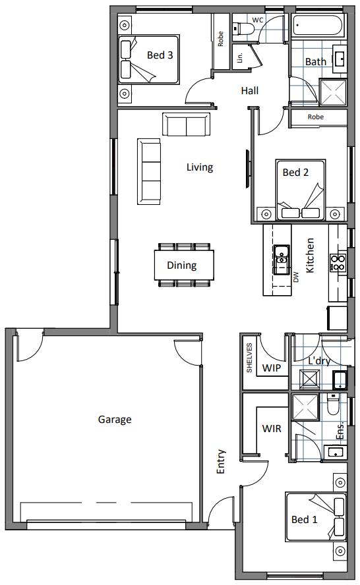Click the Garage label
coord(115,419)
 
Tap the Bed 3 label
coord(160,55)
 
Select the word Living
coord(199,167)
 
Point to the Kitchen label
coord(310,255)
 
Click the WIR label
coord(272,429)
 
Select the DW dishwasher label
coord(296,278)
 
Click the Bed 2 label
coord(295,173)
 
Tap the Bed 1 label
coord(305,520)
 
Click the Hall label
coord(249,90)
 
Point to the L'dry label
coord(319,360)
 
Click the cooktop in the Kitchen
coord(338,263)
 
